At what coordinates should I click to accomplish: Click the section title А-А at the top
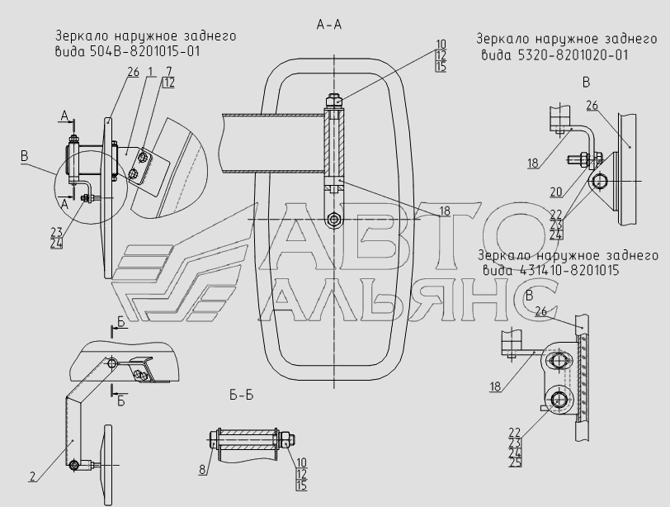328,25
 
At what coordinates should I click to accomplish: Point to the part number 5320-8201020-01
557,55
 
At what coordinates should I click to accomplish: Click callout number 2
32,476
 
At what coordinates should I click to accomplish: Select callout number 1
152,72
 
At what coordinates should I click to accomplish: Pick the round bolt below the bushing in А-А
333,220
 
